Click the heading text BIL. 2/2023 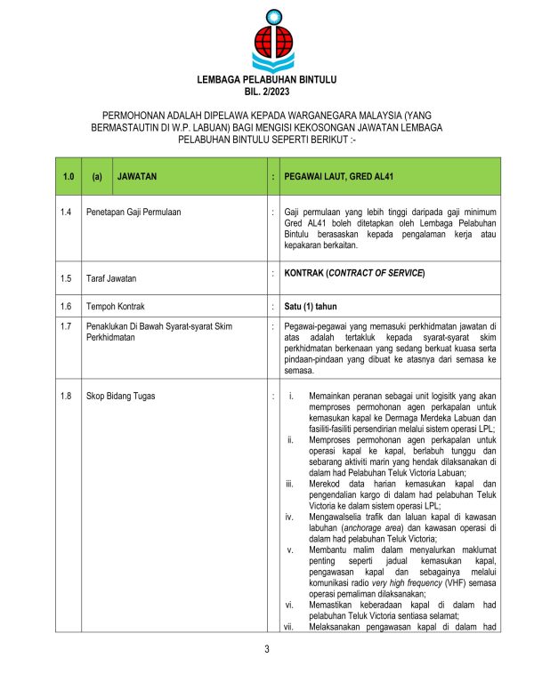coord(266,92)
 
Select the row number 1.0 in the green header coord(68,176)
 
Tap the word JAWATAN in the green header coord(137,176)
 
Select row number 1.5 coord(66,278)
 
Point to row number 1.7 coord(66,327)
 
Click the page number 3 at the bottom coord(266,647)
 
